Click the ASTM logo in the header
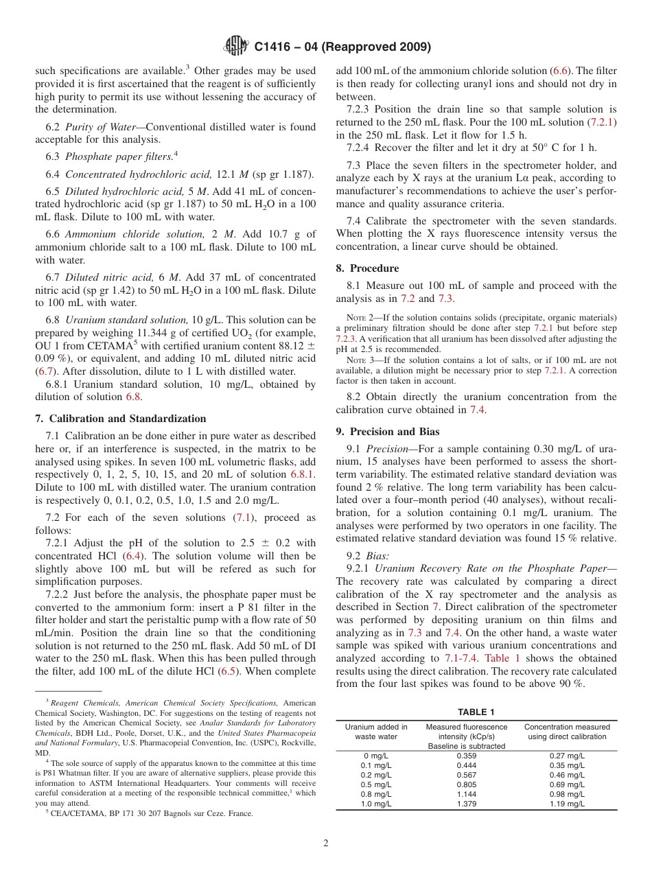click(x=235, y=47)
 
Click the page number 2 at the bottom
click(x=326, y=843)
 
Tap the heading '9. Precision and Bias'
click(x=387, y=432)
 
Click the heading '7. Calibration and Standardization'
click(x=120, y=419)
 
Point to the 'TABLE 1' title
click(x=476, y=712)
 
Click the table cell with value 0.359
click(x=467, y=756)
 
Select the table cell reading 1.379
click(x=467, y=804)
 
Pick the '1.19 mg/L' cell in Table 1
click(x=567, y=804)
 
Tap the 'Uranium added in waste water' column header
click(x=376, y=732)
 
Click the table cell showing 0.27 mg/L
click(x=567, y=756)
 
